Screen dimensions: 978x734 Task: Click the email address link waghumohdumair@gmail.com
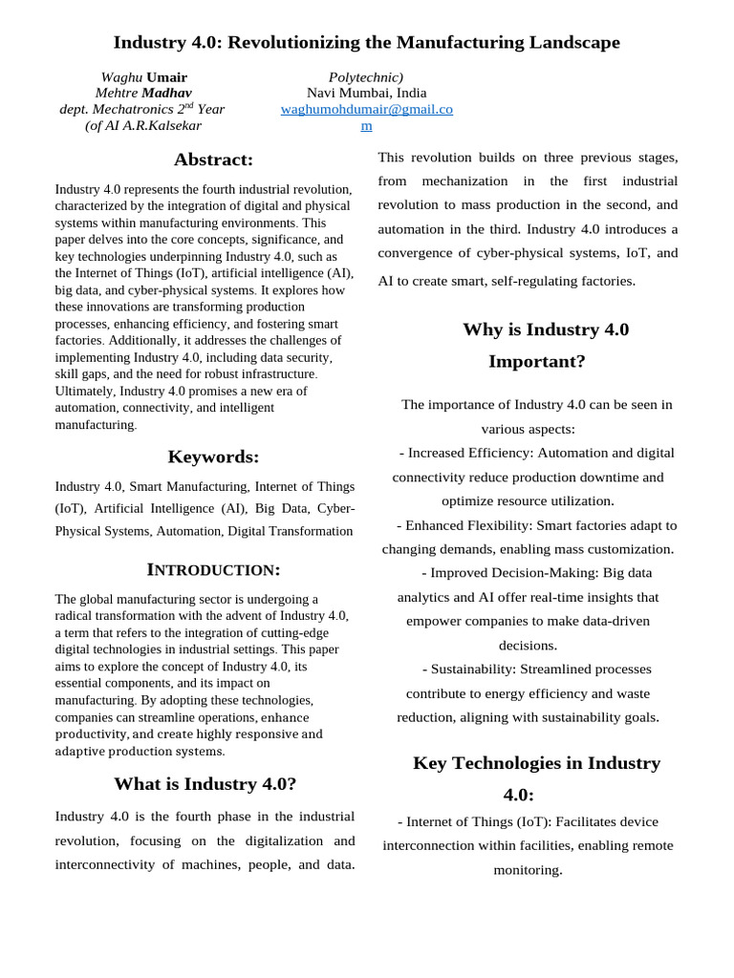click(366, 109)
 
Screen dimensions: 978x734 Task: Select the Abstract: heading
click(213, 159)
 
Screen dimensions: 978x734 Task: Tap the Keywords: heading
click(213, 457)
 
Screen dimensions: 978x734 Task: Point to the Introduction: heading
click(213, 570)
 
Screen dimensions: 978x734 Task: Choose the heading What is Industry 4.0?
click(205, 784)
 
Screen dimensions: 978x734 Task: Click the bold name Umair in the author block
click(166, 77)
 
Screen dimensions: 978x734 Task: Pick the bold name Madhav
click(166, 93)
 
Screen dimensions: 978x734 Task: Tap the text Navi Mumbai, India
click(366, 93)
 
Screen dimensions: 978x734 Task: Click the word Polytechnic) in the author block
click(366, 77)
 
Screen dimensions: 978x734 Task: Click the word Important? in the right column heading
click(536, 361)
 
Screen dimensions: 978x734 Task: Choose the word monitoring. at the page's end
click(528, 870)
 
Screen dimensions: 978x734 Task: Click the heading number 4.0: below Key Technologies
click(519, 795)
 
